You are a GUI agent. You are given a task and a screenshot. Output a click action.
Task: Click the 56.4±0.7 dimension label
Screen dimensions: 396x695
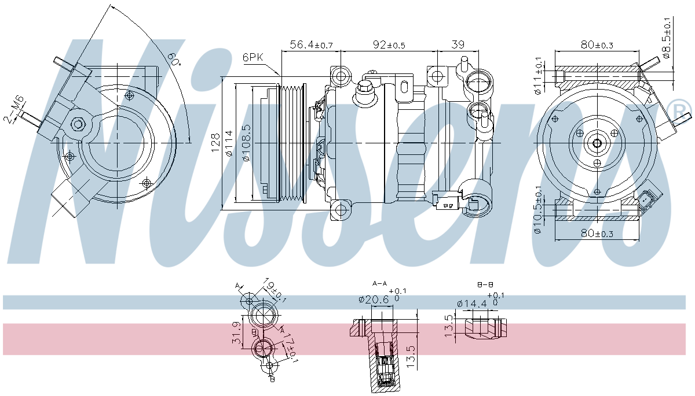click(310, 45)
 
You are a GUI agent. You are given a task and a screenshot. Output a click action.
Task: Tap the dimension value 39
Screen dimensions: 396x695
click(457, 45)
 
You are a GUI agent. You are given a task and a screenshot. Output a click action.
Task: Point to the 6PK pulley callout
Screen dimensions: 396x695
click(254, 57)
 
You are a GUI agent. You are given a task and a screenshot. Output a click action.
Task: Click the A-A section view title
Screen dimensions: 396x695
click(379, 283)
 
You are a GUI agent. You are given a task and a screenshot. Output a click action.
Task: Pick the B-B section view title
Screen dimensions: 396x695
click(484, 285)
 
